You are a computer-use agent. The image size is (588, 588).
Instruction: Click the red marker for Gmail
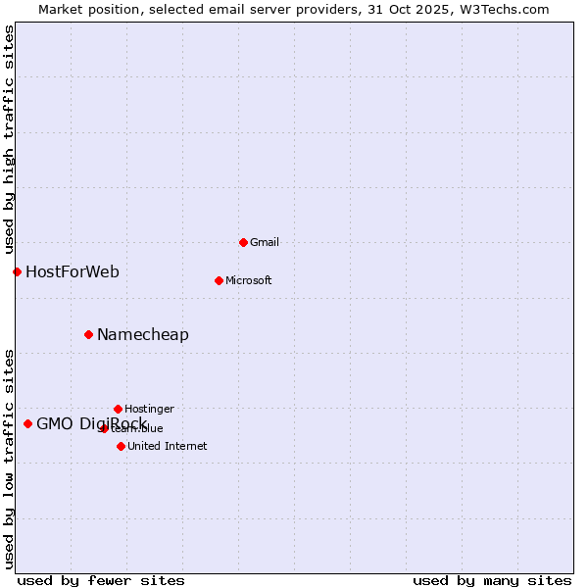[x=243, y=242]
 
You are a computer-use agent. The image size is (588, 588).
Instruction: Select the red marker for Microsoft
[x=219, y=280]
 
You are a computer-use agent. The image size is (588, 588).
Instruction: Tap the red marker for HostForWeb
[x=17, y=271]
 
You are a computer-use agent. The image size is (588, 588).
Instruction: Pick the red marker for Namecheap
[x=88, y=334]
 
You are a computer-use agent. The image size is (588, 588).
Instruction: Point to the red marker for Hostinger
[x=118, y=409]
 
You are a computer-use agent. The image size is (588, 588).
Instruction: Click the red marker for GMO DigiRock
[x=27, y=423]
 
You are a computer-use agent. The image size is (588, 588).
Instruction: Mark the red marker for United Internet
[x=121, y=446]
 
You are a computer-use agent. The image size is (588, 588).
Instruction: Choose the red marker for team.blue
[x=104, y=428]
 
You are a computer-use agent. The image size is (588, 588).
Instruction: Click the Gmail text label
[x=265, y=242]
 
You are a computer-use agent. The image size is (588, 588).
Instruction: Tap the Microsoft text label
[x=248, y=280]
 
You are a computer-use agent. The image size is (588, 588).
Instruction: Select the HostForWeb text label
[x=73, y=271]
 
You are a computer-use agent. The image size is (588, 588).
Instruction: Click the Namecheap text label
[x=143, y=334]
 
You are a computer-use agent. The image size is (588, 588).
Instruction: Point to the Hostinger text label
[x=149, y=409]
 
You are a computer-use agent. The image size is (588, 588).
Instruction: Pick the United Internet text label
[x=167, y=446]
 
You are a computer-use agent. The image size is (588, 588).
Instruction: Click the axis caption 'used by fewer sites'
[x=101, y=580]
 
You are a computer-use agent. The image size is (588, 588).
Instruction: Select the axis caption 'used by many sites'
[x=492, y=580]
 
